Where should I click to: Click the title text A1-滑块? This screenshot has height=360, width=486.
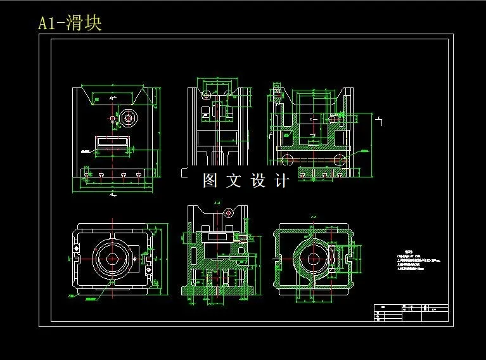tap(70, 23)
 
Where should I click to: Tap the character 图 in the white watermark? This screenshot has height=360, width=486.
tap(210, 181)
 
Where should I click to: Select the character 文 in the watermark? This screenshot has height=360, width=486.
tap(234, 181)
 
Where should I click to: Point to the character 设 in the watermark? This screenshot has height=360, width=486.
tap(259, 181)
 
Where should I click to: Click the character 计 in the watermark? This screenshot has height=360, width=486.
tap(283, 181)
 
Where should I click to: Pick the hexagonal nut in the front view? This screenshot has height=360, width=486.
tap(129, 118)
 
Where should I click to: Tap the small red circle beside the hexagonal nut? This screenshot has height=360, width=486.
tap(112, 118)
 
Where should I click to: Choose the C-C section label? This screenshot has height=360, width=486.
tap(313, 217)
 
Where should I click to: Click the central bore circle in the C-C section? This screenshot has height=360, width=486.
tap(312, 259)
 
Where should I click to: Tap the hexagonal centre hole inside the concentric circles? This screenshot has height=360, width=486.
tap(113, 259)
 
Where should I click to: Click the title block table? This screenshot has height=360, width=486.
tap(411, 312)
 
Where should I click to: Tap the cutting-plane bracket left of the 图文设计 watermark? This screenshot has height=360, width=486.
tap(184, 172)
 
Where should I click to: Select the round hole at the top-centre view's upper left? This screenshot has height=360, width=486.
tap(206, 95)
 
